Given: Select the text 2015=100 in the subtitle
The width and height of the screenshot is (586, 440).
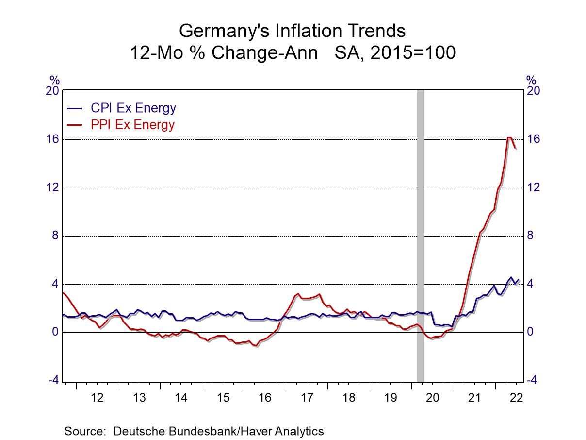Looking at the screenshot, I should (412, 52).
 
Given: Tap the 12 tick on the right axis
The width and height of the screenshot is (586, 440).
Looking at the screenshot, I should (533, 187).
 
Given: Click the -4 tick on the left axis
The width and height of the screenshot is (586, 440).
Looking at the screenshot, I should (53, 380).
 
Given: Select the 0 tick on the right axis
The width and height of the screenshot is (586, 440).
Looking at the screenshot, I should (531, 332).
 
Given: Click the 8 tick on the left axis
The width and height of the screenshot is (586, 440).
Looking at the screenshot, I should (55, 236).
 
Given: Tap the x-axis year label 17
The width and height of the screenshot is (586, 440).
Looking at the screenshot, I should (307, 398).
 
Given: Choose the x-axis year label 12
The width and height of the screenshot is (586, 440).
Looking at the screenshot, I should (97, 398).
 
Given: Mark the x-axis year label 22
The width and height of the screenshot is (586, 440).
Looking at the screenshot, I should (516, 398).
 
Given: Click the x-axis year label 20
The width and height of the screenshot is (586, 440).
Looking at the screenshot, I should (432, 398).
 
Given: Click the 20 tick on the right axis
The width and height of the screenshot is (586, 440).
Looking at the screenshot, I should (533, 91).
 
